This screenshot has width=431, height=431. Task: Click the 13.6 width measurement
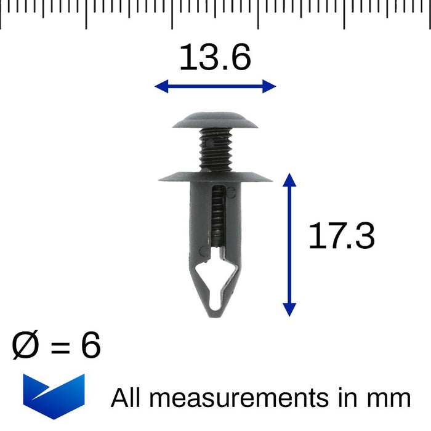[215, 58]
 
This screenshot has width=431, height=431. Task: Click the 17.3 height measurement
[341, 236]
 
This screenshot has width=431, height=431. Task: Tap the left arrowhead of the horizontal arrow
[161, 86]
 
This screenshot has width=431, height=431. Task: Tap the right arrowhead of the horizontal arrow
[269, 86]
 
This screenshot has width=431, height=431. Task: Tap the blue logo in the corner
[54, 396]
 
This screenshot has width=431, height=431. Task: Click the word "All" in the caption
[128, 398]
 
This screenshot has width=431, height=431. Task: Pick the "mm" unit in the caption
[389, 399]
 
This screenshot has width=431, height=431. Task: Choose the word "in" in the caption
[348, 398]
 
